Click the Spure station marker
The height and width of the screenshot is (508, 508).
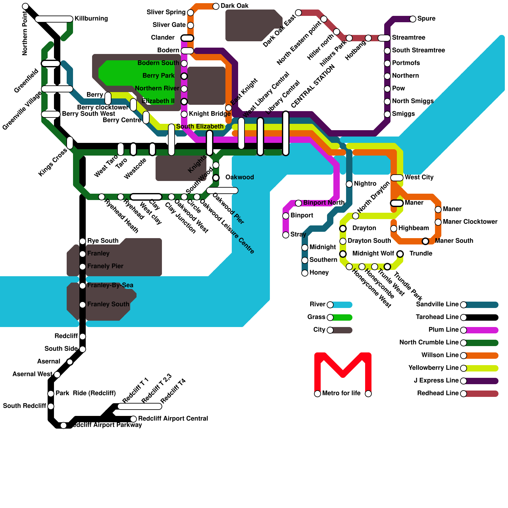click(413, 19)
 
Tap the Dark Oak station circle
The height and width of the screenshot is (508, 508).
click(216, 6)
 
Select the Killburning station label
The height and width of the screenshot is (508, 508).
click(91, 19)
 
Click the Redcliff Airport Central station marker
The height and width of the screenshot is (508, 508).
click(133, 419)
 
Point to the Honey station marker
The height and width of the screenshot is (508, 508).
click(305, 273)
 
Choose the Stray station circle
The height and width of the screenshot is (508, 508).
click(286, 235)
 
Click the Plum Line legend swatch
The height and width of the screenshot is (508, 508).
click(481, 330)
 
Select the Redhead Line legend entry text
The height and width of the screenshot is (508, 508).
click(438, 393)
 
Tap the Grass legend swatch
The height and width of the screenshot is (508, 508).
click(341, 317)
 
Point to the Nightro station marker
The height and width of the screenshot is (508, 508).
click(349, 184)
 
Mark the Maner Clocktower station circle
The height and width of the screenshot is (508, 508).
click(438, 222)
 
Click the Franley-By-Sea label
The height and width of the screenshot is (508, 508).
click(110, 285)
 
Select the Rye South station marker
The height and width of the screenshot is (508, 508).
click(83, 241)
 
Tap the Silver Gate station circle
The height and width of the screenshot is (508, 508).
click(190, 25)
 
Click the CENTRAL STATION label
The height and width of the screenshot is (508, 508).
click(313, 86)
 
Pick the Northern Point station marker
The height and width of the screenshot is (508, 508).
click(25, 6)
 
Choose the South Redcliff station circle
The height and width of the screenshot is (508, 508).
click(51, 406)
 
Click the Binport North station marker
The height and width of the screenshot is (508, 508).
click(298, 203)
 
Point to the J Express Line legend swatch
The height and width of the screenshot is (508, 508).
click(481, 381)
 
